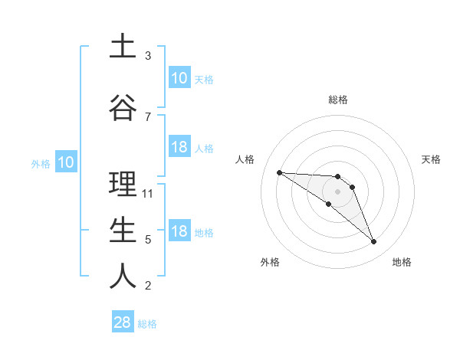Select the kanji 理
pos(123,185)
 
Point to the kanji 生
pos(123,231)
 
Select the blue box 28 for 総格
pos(123,322)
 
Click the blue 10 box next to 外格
pos(65,162)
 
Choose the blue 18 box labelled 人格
pos(179,147)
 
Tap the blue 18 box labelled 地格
pos(179,231)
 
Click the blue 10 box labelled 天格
pos(179,78)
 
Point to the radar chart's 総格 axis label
pos(338,100)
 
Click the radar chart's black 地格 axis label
pos(402,263)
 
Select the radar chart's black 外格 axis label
pos(270,263)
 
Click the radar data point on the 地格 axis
pos(374,242)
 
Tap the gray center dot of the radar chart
pos(338,191)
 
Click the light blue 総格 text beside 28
pos(147,324)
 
